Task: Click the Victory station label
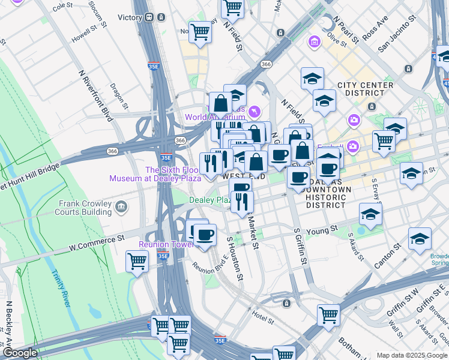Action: pos(129,17)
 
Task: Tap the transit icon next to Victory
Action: pos(148,17)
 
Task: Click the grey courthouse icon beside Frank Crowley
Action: pos(121,208)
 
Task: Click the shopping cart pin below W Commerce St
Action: pos(137,262)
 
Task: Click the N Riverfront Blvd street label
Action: pos(95,95)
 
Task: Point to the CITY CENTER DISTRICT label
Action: pos(365,89)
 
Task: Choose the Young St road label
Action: pos(323,230)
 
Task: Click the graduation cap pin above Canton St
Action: pos(420,239)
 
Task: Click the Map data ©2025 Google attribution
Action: pos(411,355)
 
